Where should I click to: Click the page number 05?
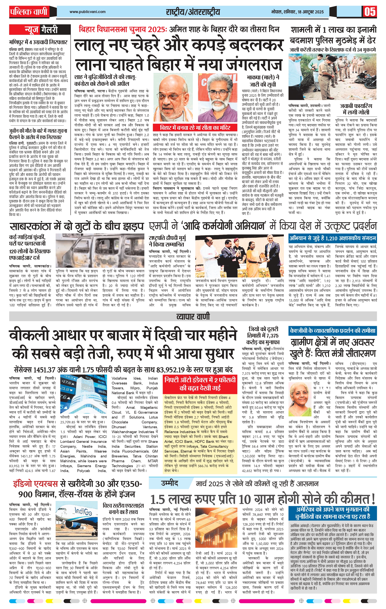pyautogui.click(x=370, y=12)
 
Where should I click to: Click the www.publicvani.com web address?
pyautogui.click(x=88, y=12)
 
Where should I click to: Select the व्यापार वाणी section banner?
pyautogui.click(x=193, y=316)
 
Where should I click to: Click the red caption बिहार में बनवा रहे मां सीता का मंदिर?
pyautogui.click(x=195, y=127)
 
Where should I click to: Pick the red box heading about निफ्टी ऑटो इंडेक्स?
pyautogui.click(x=200, y=383)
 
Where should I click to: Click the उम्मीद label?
pyautogui.click(x=169, y=483)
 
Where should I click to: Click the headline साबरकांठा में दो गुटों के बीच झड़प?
pyautogui.click(x=77, y=226)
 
